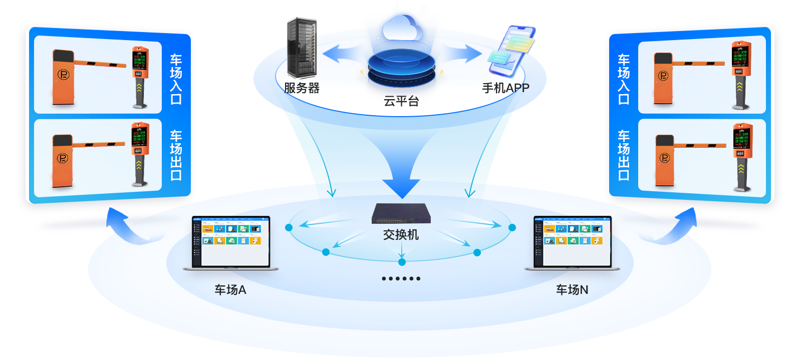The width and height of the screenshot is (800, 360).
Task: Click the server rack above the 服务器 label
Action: point(302,48)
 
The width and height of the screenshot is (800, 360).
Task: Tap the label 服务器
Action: point(302,88)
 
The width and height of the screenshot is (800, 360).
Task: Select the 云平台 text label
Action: point(401,101)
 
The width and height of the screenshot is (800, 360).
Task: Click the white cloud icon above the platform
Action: point(402,28)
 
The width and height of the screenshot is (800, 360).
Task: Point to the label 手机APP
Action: point(505,88)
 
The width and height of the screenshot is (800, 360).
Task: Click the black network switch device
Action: point(401,214)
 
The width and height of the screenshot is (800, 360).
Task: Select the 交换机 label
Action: point(401,235)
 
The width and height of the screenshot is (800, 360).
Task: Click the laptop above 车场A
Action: point(231,243)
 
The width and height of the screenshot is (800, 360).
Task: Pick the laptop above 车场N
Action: point(572,243)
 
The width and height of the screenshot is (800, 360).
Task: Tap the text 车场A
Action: point(230,290)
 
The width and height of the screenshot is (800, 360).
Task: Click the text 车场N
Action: point(572,290)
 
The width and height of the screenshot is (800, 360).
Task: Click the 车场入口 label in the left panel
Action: point(176,79)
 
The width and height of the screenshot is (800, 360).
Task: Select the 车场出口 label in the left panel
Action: point(176,155)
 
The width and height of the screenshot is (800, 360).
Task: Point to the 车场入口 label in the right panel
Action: point(624,79)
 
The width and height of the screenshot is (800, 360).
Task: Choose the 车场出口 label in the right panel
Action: point(624,155)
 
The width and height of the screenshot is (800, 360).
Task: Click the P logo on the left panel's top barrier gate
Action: point(63,75)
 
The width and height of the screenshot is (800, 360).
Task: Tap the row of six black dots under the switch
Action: point(401,278)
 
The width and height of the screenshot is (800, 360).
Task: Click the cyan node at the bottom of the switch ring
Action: point(402,262)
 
